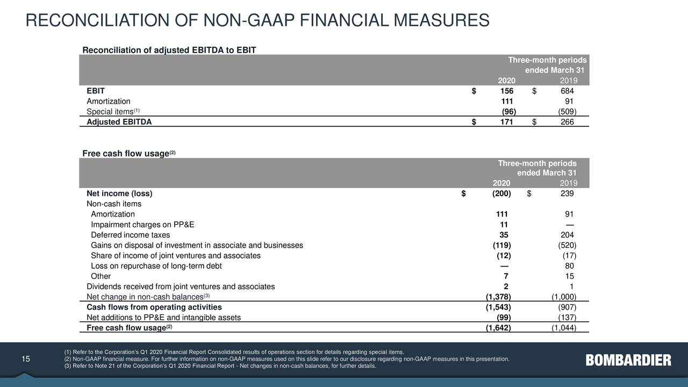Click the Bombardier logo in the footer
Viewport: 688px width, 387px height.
pyautogui.click(x=628, y=360)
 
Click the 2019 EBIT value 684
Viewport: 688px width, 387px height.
pyautogui.click(x=567, y=91)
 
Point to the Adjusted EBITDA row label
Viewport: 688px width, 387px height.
pyautogui.click(x=119, y=122)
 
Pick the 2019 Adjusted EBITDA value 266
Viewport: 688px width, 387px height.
pyautogui.click(x=567, y=122)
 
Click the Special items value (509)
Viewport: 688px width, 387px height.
pyautogui.click(x=567, y=112)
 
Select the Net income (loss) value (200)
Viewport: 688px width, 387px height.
pyautogui.click(x=501, y=193)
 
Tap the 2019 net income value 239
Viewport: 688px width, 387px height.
pyautogui.click(x=567, y=193)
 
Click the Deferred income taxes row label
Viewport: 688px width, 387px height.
pyautogui.click(x=130, y=235)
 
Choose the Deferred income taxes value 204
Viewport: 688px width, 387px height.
pyautogui.click(x=567, y=235)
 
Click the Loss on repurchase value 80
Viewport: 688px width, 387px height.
pyautogui.click(x=570, y=266)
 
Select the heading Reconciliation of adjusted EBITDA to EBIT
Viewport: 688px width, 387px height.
pyautogui.click(x=169, y=51)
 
